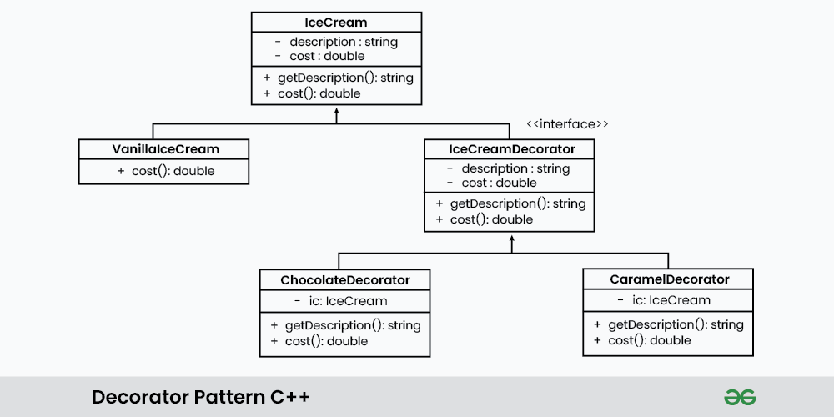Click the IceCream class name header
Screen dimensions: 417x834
336,23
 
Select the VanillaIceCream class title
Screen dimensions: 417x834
165,149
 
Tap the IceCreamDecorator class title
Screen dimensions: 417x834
511,149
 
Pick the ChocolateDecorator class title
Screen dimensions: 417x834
345,279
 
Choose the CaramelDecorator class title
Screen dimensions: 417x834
668,279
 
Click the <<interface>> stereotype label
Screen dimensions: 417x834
567,124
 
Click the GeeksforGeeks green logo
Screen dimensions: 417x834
739,397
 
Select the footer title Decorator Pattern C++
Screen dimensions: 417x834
201,397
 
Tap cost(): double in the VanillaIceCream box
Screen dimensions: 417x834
173,171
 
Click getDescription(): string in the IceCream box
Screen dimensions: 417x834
345,78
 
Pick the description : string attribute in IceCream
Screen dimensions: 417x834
343,42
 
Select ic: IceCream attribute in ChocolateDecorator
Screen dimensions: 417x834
348,301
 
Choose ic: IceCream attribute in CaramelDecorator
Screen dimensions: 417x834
671,300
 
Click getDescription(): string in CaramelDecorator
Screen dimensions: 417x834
676,324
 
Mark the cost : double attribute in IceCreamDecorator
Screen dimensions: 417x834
499,183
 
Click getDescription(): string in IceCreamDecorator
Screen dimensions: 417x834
518,203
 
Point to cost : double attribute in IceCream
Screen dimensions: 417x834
327,56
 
